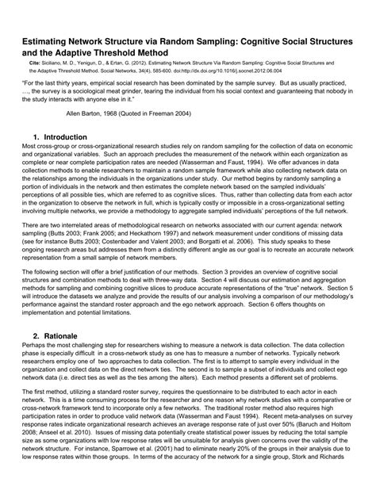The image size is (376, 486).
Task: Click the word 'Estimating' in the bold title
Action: pyautogui.click(x=49, y=36)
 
